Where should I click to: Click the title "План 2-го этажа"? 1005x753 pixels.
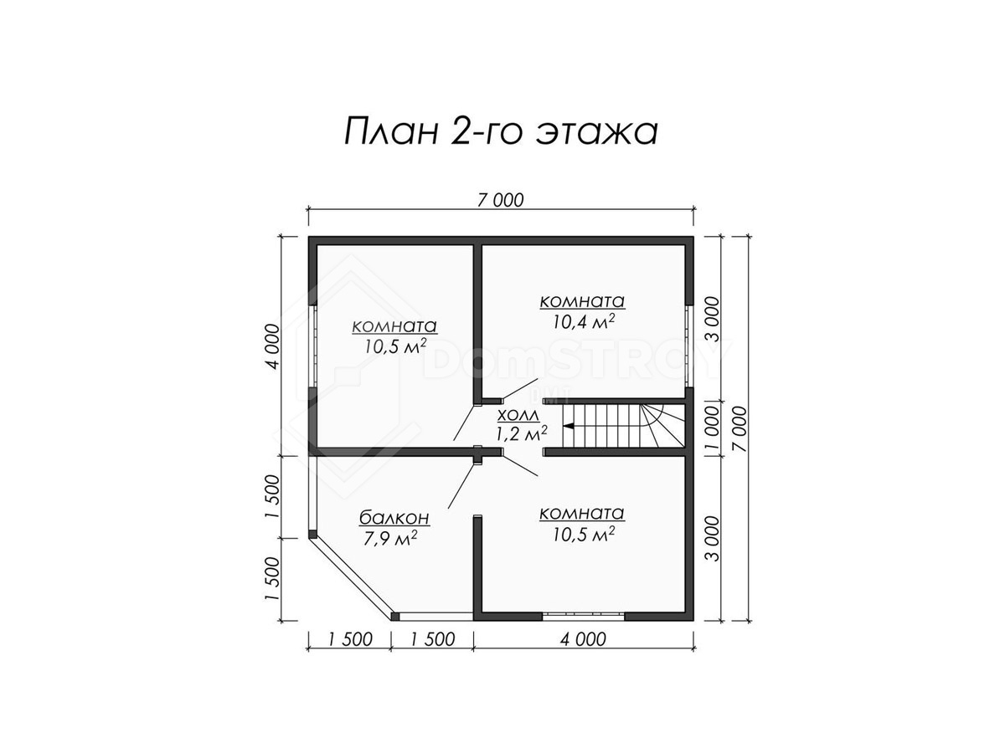click(501, 131)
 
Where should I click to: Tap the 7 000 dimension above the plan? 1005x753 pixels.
click(500, 201)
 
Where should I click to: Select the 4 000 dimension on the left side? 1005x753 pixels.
click(273, 346)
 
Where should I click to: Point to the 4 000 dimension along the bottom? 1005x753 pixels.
click(583, 639)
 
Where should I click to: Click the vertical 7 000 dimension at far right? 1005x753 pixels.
click(739, 429)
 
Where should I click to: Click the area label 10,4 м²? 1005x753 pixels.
click(583, 322)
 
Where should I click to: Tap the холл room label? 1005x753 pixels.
click(518, 416)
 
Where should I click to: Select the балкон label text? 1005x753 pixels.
click(394, 518)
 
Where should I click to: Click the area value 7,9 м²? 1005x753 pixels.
click(389, 538)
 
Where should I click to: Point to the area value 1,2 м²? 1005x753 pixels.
click(522, 433)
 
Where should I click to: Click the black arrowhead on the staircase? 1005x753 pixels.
click(569, 427)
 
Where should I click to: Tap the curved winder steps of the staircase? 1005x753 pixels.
click(662, 426)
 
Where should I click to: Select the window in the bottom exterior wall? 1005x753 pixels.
click(583, 616)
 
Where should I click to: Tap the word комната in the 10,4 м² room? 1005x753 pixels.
click(582, 302)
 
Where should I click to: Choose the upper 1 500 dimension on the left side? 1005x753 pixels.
click(273, 496)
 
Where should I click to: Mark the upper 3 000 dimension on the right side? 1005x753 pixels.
click(712, 319)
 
